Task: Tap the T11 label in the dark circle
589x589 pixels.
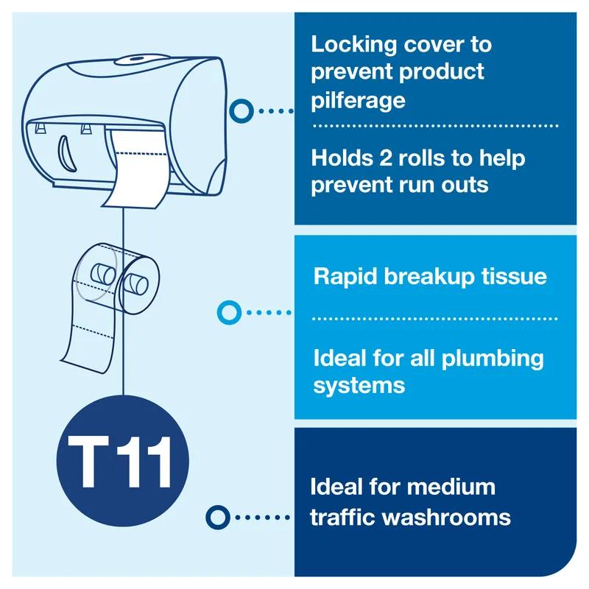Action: coord(123,462)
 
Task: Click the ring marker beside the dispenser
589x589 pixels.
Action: coord(241,111)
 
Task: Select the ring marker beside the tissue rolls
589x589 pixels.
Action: coord(228,312)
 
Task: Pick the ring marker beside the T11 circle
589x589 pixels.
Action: coord(218,517)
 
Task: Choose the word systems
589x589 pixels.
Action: coord(359,385)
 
